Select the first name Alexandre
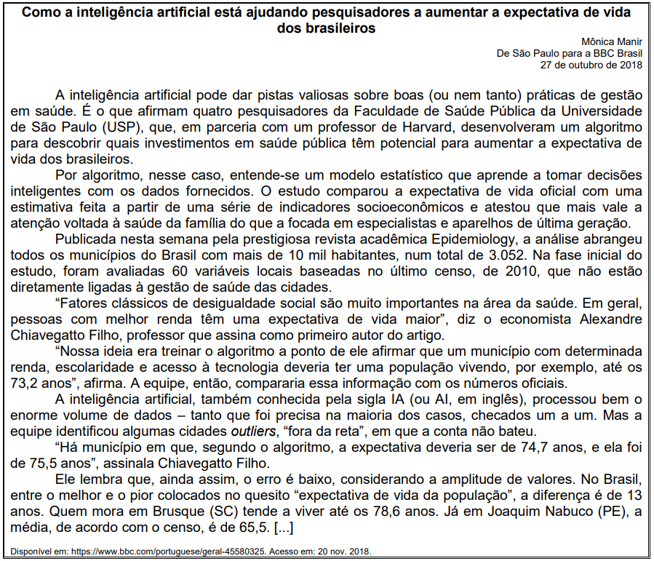607,319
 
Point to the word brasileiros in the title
327,29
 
